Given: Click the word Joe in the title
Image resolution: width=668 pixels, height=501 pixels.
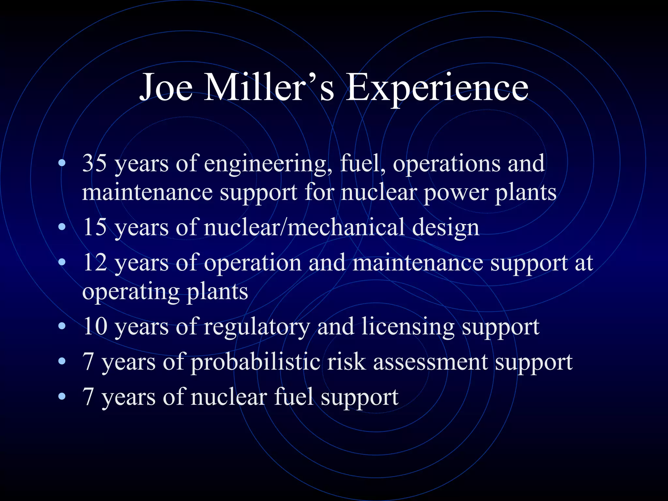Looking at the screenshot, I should coord(166,87).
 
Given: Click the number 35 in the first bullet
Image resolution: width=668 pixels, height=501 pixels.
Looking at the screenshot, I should coord(95,163).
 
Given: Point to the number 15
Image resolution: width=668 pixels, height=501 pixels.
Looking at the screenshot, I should coord(95,227).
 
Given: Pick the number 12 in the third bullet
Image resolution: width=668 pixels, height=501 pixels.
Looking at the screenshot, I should coord(95,262).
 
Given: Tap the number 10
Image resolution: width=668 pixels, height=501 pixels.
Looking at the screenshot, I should coord(95,326).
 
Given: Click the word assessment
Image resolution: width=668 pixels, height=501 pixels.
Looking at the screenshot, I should coord(431,362).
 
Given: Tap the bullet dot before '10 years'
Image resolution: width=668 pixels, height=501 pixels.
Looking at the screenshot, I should coord(62,326).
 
